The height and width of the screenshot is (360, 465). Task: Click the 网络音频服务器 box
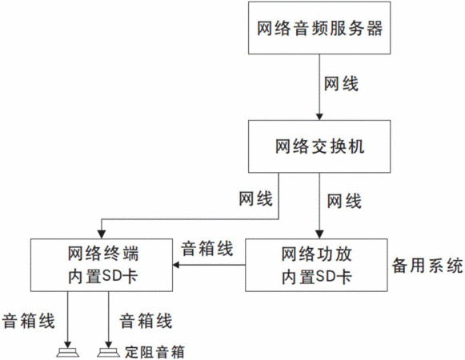coord(319,28)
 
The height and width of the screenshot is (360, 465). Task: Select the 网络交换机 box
coord(319,146)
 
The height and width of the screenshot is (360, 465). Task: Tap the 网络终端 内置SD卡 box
coord(102,265)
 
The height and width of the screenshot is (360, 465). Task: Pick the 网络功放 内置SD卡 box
coord(316,265)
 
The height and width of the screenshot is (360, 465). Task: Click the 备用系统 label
coord(427,265)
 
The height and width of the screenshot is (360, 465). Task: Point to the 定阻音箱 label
coord(154,352)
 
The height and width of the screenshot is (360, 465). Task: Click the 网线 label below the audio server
coord(341,84)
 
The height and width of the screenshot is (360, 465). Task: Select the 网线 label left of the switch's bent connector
coord(255,198)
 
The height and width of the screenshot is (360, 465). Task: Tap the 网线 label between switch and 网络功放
coord(344,202)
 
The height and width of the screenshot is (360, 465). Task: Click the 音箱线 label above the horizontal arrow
coord(207,248)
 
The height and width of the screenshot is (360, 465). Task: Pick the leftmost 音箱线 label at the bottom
coord(29,321)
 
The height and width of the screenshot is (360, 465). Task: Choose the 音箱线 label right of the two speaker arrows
coord(146,321)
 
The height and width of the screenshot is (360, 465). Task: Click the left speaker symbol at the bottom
coord(68,353)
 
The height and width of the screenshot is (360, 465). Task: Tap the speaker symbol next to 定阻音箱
coord(109,353)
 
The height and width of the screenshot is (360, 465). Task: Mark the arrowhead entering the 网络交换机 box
coord(319,116)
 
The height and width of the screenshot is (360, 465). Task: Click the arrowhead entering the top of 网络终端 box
coord(102,235)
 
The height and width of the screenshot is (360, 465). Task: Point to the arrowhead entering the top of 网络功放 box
coord(319,235)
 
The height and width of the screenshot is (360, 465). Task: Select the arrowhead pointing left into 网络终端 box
coord(176,265)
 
